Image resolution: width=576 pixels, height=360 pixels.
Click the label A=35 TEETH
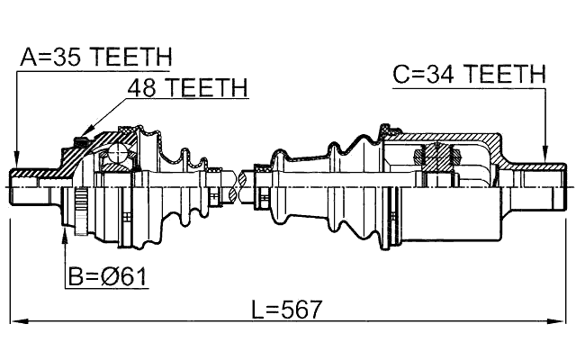(96, 57)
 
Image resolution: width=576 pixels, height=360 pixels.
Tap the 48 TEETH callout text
(188, 87)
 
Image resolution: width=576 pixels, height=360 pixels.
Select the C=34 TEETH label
(469, 74)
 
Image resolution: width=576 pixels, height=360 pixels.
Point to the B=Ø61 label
(108, 276)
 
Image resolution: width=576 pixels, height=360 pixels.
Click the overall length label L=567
(286, 310)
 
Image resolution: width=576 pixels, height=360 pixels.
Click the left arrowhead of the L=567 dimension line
(19, 321)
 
